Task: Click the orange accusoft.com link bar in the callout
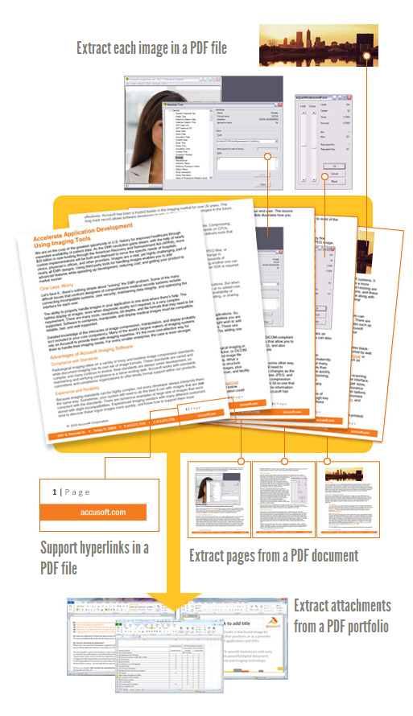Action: [94, 511]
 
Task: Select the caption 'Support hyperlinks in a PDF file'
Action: [94, 556]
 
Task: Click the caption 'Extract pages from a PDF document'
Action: [274, 556]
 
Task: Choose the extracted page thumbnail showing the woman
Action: [219, 499]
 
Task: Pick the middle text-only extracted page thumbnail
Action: [283, 499]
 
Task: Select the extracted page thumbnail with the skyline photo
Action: [349, 499]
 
